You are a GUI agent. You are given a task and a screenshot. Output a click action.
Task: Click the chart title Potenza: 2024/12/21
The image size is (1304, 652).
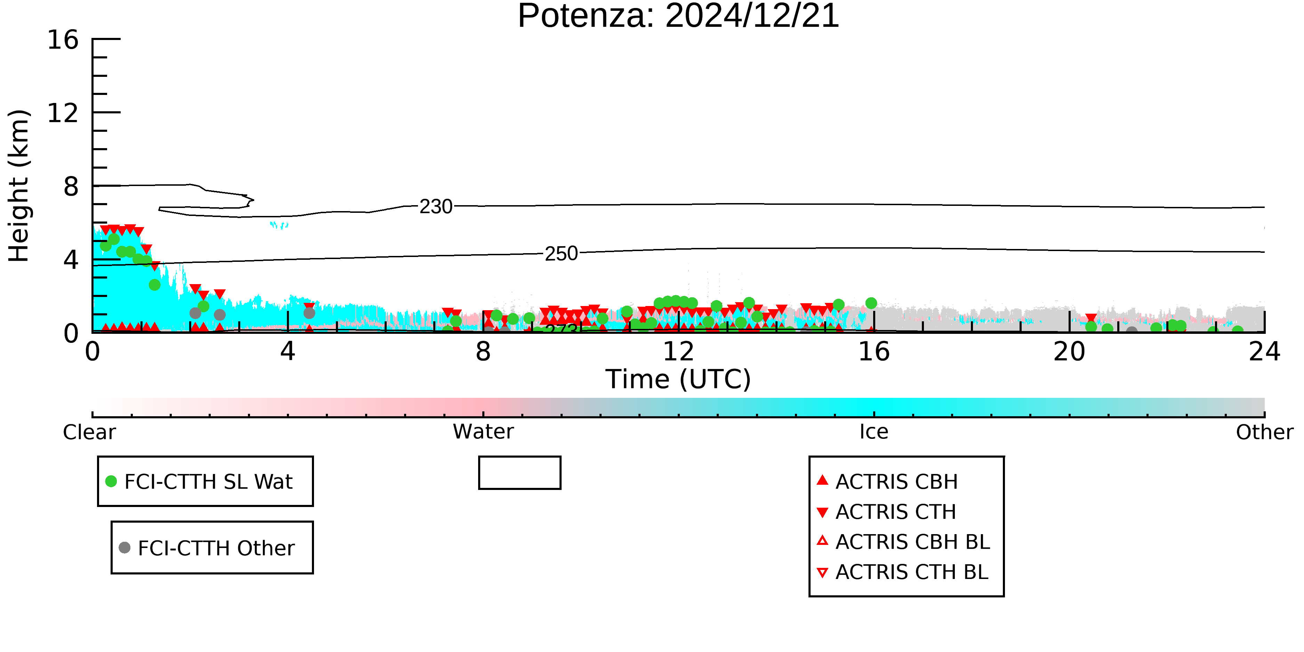[678, 16]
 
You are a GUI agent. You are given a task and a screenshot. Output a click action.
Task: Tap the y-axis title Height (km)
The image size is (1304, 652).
[19, 186]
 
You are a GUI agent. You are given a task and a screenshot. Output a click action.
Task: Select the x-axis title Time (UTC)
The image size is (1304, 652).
[678, 379]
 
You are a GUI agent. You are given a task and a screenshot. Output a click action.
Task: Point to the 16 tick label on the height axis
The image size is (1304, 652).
[63, 40]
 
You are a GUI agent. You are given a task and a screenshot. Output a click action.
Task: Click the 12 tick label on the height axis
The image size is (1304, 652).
[63, 113]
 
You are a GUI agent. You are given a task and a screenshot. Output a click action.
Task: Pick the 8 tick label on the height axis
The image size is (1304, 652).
[71, 186]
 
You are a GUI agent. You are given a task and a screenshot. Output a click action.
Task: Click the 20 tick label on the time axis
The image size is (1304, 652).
[1069, 351]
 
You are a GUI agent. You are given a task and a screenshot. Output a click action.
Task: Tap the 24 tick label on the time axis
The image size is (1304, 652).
[1264, 351]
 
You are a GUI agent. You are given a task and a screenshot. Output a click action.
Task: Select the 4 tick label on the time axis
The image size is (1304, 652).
[288, 351]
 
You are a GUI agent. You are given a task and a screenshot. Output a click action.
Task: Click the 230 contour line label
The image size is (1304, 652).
[436, 207]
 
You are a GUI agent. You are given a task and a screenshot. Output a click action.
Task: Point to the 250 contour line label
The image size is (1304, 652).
[561, 253]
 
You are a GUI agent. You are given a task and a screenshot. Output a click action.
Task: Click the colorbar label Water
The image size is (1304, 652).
[483, 432]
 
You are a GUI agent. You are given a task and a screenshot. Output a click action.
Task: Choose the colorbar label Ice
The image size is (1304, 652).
[874, 432]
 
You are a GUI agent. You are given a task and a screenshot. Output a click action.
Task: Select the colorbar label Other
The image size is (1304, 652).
[1264, 432]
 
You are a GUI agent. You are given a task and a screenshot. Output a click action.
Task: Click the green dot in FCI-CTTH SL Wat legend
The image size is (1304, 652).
[111, 481]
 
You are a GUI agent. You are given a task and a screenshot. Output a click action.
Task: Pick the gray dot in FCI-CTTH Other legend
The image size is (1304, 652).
[124, 547]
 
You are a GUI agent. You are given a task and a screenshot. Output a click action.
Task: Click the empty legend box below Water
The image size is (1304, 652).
[520, 457]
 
